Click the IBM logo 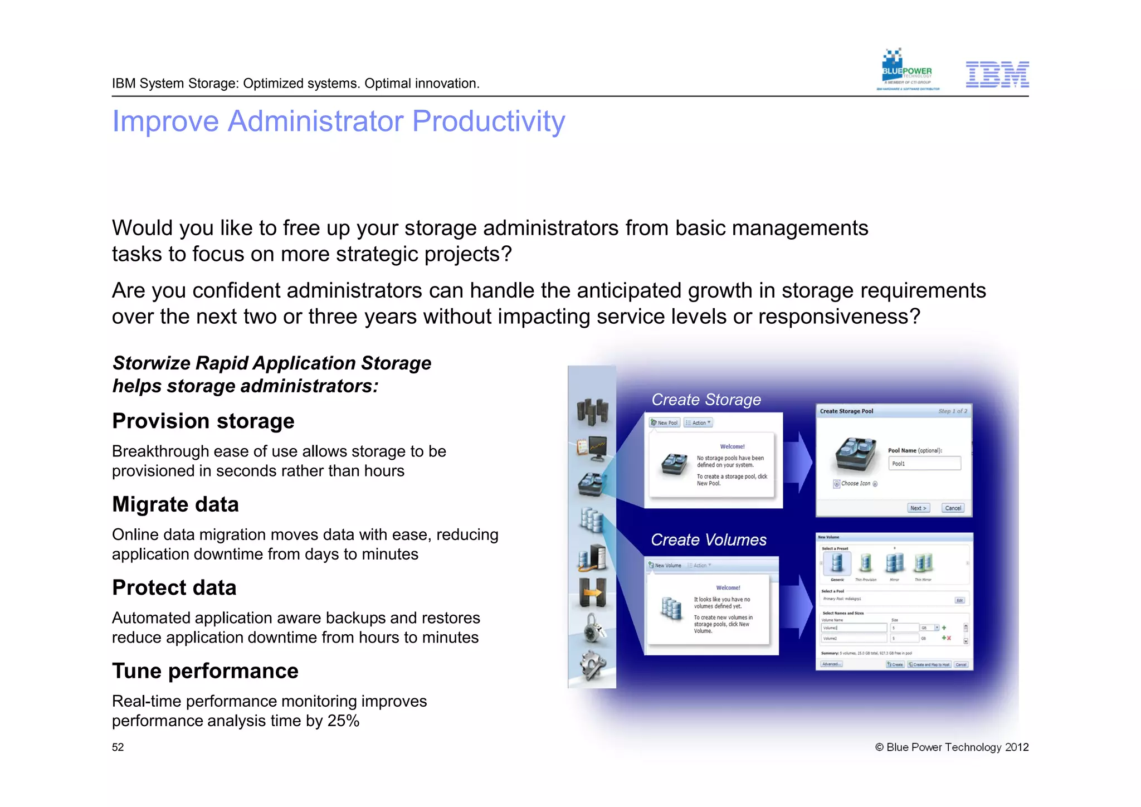click(x=997, y=75)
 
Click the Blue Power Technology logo click(x=907, y=70)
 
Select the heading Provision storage click(x=203, y=421)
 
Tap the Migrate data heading click(x=175, y=504)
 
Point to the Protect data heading click(x=174, y=587)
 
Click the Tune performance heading click(x=205, y=671)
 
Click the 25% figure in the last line click(x=343, y=721)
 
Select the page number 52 click(x=118, y=747)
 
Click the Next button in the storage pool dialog click(x=918, y=508)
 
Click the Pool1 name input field click(x=924, y=463)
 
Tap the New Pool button click(x=665, y=423)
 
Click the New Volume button click(x=665, y=565)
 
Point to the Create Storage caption click(x=706, y=400)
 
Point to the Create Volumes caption click(x=708, y=539)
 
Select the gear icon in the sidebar click(x=592, y=665)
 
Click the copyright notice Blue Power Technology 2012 click(x=952, y=747)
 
